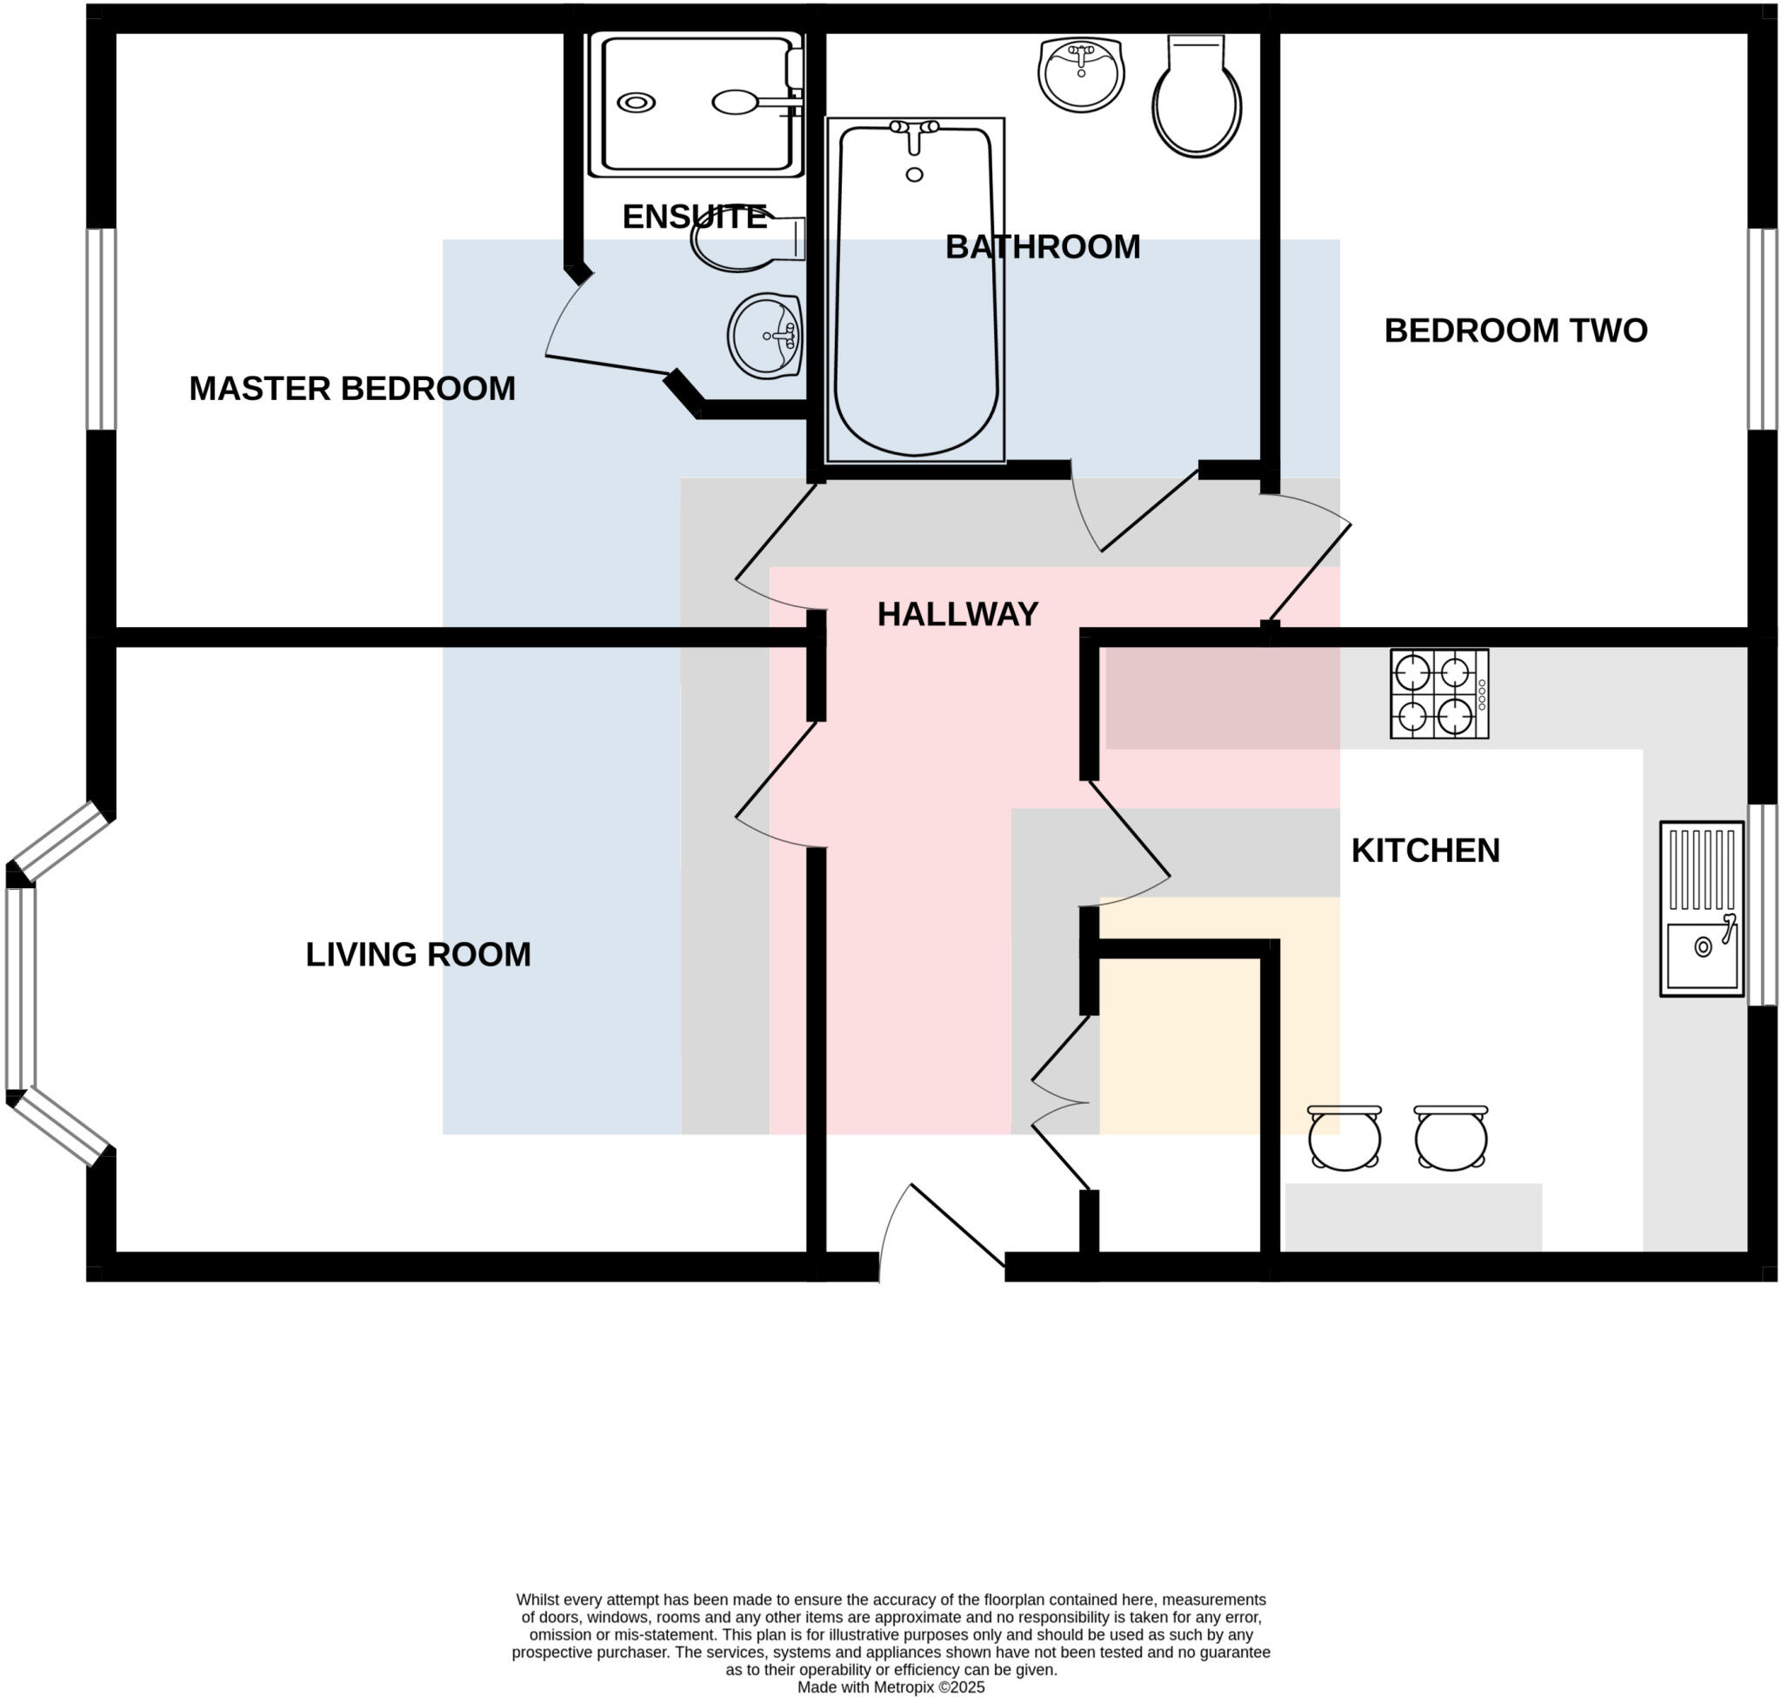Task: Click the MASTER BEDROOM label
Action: pos(352,389)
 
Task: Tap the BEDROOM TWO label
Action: pos(1515,331)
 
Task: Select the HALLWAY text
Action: pos(957,615)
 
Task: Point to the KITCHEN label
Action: pos(1424,852)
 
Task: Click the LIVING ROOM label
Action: pos(418,955)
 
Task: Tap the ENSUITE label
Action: pos(694,217)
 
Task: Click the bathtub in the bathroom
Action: pos(916,298)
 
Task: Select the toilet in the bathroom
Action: pos(1196,99)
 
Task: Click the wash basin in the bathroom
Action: pos(1080,74)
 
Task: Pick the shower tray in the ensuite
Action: pos(695,104)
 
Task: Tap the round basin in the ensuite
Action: pos(765,336)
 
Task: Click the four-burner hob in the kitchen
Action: pos(1438,694)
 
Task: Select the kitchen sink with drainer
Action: pos(1700,908)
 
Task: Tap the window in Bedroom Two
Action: pos(1761,329)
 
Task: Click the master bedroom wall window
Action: pos(101,329)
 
